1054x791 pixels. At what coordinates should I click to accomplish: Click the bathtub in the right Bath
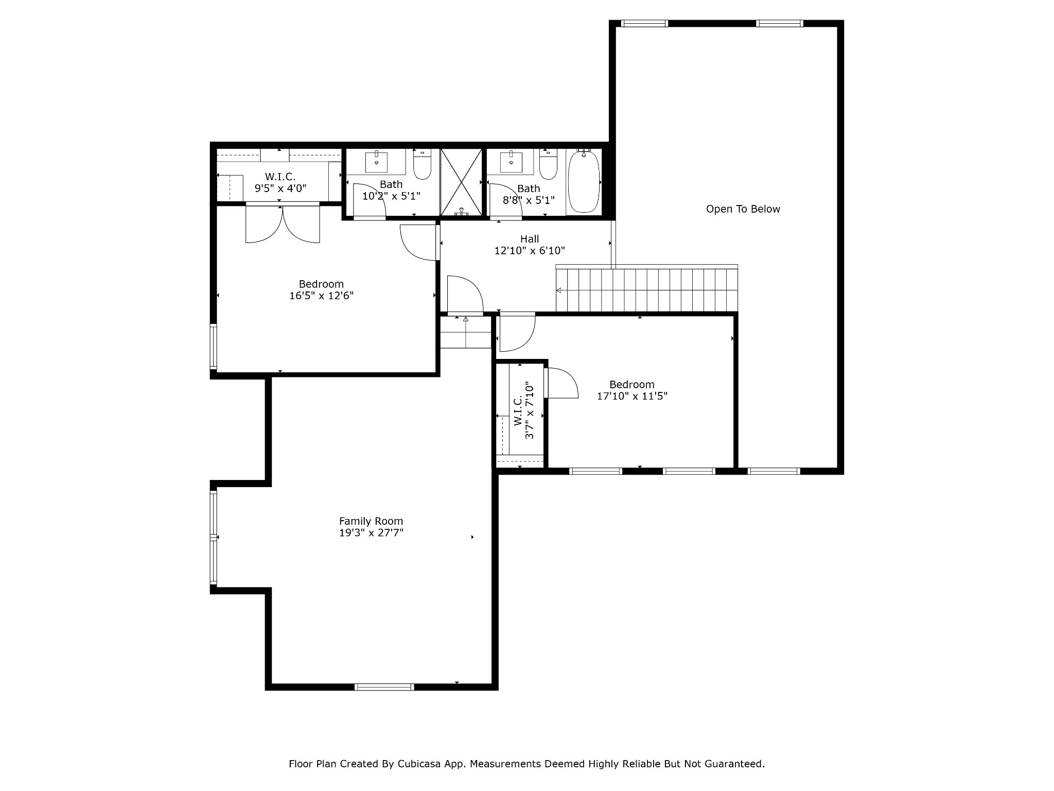pos(584,182)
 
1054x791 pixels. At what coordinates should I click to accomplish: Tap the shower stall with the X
pos(461,182)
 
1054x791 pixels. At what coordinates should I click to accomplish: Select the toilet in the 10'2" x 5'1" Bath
pos(422,164)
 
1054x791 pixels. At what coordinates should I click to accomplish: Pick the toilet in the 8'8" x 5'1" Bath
pos(548,164)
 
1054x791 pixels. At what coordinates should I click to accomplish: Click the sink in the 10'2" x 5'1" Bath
pos(377,161)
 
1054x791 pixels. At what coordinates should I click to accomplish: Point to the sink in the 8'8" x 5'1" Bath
pos(511,161)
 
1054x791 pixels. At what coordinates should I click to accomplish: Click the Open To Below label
pos(743,209)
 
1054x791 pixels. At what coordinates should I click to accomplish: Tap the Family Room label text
pos(371,521)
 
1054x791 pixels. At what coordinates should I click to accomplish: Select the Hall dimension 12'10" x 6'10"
pos(530,251)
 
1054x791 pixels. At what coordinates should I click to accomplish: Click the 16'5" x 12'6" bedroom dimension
pos(322,296)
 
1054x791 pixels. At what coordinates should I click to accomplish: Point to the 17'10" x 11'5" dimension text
pos(632,396)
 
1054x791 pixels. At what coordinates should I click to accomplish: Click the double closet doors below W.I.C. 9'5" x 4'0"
pos(283,223)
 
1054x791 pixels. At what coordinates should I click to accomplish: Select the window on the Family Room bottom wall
pos(384,686)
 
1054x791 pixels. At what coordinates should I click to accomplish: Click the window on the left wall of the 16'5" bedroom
pos(214,346)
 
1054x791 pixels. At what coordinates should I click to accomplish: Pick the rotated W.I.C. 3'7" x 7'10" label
pos(524,410)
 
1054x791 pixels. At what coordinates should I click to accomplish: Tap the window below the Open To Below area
pos(774,471)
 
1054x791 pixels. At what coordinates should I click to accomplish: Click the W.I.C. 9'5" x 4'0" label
pos(280,183)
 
